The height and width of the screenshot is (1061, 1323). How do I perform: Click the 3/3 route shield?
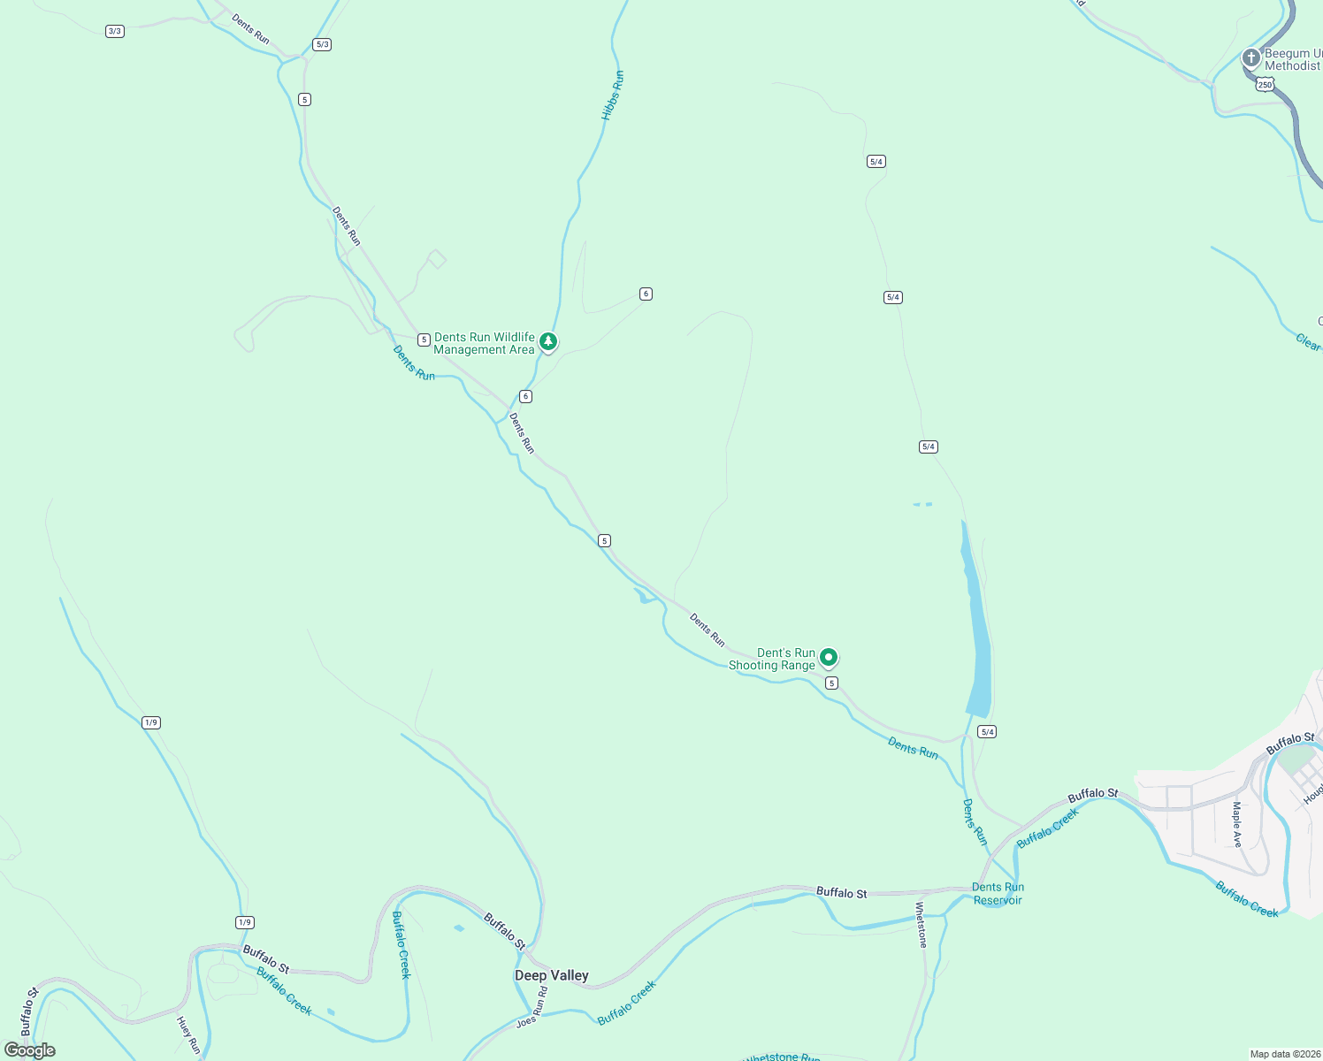click(114, 31)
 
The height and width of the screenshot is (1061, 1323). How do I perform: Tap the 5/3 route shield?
click(322, 44)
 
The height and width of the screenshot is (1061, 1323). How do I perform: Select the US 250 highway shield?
click(1265, 85)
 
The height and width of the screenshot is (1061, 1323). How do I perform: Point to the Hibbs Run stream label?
click(613, 95)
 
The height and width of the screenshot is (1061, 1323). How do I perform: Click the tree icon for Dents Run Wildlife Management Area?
click(548, 341)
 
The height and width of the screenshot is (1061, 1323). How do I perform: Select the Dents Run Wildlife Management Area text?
click(484, 343)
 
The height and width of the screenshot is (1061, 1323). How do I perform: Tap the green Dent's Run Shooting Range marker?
click(829, 657)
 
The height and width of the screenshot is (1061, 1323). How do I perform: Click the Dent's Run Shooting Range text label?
click(772, 659)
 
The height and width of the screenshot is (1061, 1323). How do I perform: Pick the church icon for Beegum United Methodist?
click(1250, 58)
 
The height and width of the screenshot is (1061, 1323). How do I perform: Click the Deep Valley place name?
click(552, 975)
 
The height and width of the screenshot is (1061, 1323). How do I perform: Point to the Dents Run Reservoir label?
click(998, 894)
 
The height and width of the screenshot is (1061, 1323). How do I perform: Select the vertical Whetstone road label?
click(921, 925)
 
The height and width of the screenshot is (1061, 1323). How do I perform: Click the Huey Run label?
click(188, 1035)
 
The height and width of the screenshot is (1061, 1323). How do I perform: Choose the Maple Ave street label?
click(1236, 824)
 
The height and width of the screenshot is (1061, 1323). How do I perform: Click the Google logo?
click(30, 1050)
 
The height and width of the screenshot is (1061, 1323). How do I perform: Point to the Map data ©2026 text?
click(1285, 1054)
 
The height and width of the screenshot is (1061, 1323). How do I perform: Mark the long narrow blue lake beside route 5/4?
click(975, 619)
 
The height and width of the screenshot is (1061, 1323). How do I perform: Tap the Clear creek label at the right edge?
click(1308, 341)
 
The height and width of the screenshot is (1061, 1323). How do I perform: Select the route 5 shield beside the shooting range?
click(831, 683)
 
